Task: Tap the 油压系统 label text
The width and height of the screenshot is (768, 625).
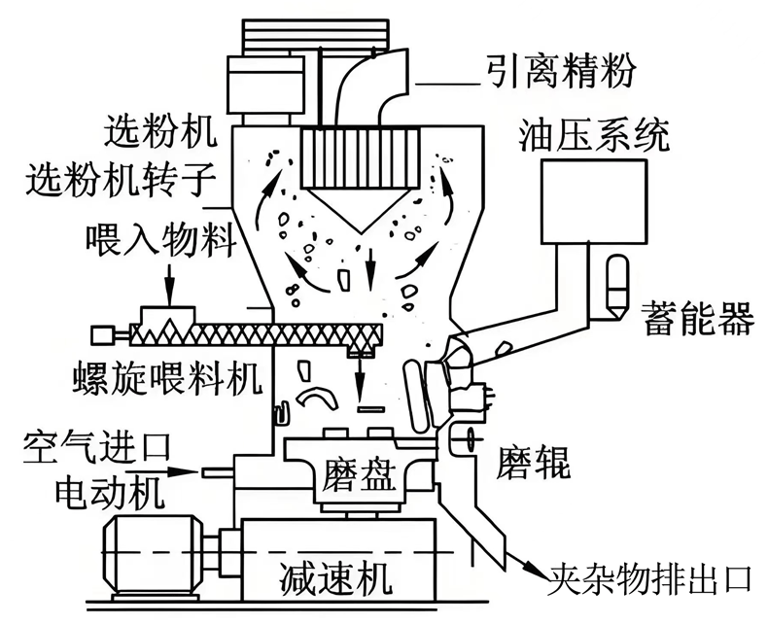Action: click(594, 134)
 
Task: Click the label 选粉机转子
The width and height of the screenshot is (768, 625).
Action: click(115, 180)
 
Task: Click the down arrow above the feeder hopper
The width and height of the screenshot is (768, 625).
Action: click(167, 288)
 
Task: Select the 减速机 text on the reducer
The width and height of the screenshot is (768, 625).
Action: click(334, 580)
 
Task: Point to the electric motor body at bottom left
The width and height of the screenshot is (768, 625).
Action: click(151, 546)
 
